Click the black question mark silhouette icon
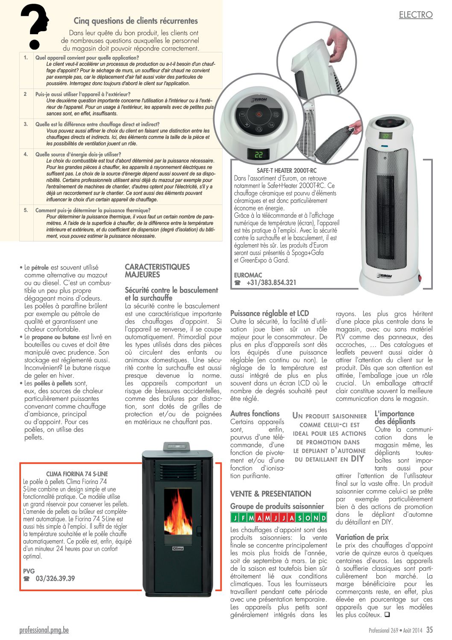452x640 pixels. (34, 26)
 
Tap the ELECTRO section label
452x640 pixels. (415, 15)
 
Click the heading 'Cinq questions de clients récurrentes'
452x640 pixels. (135, 21)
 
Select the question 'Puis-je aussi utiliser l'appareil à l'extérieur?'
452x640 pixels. (83, 94)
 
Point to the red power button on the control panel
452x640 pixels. (259, 114)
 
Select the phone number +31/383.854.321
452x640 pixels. (271, 282)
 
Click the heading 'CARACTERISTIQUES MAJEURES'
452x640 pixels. (157, 270)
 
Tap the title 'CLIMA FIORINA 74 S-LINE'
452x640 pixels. (77, 474)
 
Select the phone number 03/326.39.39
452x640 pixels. (55, 578)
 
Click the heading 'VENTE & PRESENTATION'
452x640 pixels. (270, 494)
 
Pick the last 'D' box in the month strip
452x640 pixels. (323, 518)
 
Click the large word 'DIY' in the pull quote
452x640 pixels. (357, 459)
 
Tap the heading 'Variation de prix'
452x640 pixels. (362, 537)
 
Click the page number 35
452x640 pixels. (429, 630)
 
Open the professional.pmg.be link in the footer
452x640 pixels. (44, 630)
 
